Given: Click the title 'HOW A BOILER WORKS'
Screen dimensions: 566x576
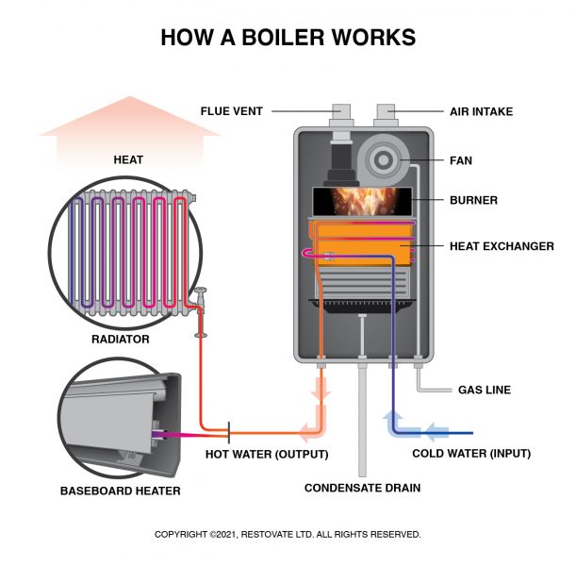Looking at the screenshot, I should (x=288, y=37).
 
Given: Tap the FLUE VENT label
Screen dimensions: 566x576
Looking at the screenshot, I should (x=231, y=111).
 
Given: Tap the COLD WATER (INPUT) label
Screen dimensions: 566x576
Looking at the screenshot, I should (x=471, y=454).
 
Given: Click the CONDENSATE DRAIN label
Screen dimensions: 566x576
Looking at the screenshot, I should (x=362, y=488).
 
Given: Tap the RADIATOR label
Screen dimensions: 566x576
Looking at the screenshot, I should (x=120, y=339).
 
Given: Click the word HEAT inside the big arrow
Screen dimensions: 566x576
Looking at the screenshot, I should (x=128, y=160).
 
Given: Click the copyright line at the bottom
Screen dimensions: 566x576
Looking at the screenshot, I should (x=288, y=534).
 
